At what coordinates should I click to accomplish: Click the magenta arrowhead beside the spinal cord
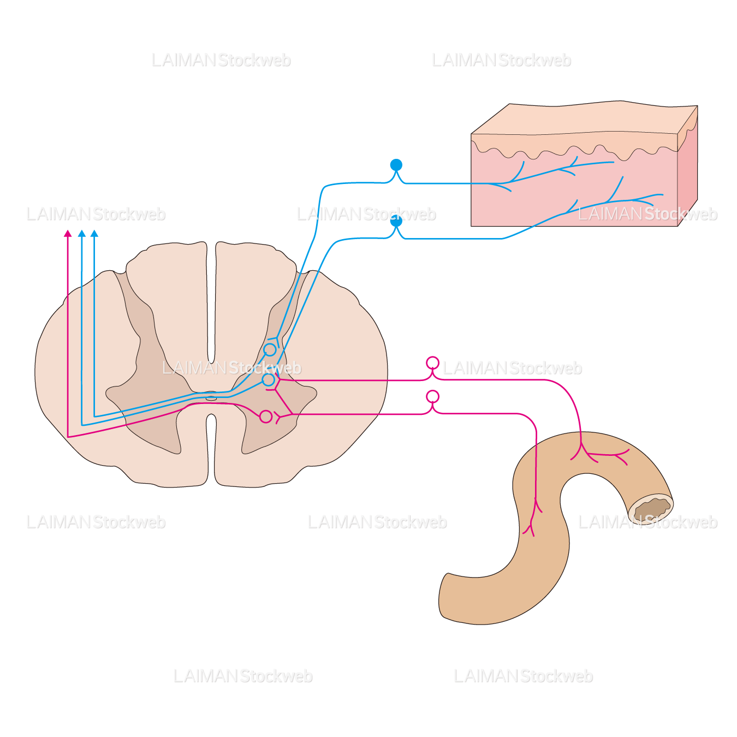68,234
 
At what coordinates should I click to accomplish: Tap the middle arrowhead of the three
82,234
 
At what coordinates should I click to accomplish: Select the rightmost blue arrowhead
94,234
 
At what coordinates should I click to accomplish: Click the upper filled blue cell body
396,165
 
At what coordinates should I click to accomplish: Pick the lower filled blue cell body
396,221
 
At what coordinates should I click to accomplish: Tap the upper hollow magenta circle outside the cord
432,363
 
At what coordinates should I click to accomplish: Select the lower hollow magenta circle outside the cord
432,396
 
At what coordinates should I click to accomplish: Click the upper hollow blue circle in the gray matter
270,349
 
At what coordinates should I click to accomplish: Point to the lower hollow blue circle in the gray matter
268,379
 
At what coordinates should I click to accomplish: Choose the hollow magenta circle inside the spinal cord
266,417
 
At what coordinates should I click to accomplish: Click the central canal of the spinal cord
211,398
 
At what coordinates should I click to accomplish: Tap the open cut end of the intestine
651,509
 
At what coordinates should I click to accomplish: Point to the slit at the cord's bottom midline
211,448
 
